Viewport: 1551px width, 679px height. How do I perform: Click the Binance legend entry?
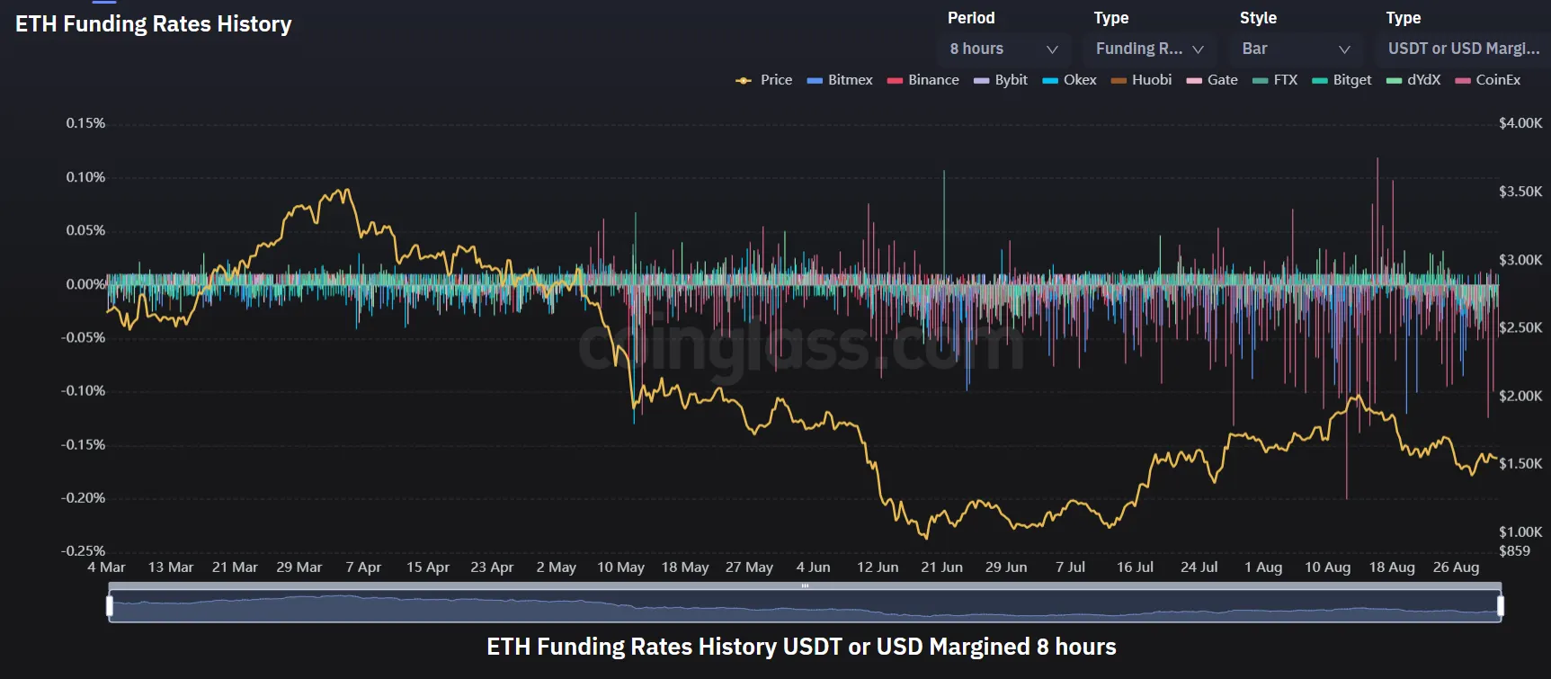click(x=923, y=80)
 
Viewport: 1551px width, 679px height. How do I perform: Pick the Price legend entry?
click(x=764, y=80)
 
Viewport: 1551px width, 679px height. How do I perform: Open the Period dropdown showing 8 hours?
click(x=1003, y=49)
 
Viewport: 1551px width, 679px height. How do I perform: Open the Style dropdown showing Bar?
click(x=1295, y=49)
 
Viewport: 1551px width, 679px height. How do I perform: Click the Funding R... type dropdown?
click(x=1148, y=49)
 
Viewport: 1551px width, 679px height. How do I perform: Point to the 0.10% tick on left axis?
click(x=85, y=177)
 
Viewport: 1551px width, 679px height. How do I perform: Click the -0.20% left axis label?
click(x=84, y=497)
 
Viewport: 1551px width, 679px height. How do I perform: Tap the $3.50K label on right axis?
click(x=1520, y=192)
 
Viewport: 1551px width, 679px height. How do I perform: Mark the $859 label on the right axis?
click(x=1514, y=550)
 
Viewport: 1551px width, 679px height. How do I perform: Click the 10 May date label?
click(x=620, y=567)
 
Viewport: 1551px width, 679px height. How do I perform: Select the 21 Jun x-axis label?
click(x=941, y=567)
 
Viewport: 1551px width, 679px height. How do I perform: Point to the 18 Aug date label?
click(x=1392, y=567)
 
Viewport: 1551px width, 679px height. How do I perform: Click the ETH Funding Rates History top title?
click(x=154, y=24)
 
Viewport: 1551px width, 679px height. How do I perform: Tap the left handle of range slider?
click(x=110, y=605)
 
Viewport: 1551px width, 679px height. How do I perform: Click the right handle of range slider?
click(x=1500, y=605)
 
